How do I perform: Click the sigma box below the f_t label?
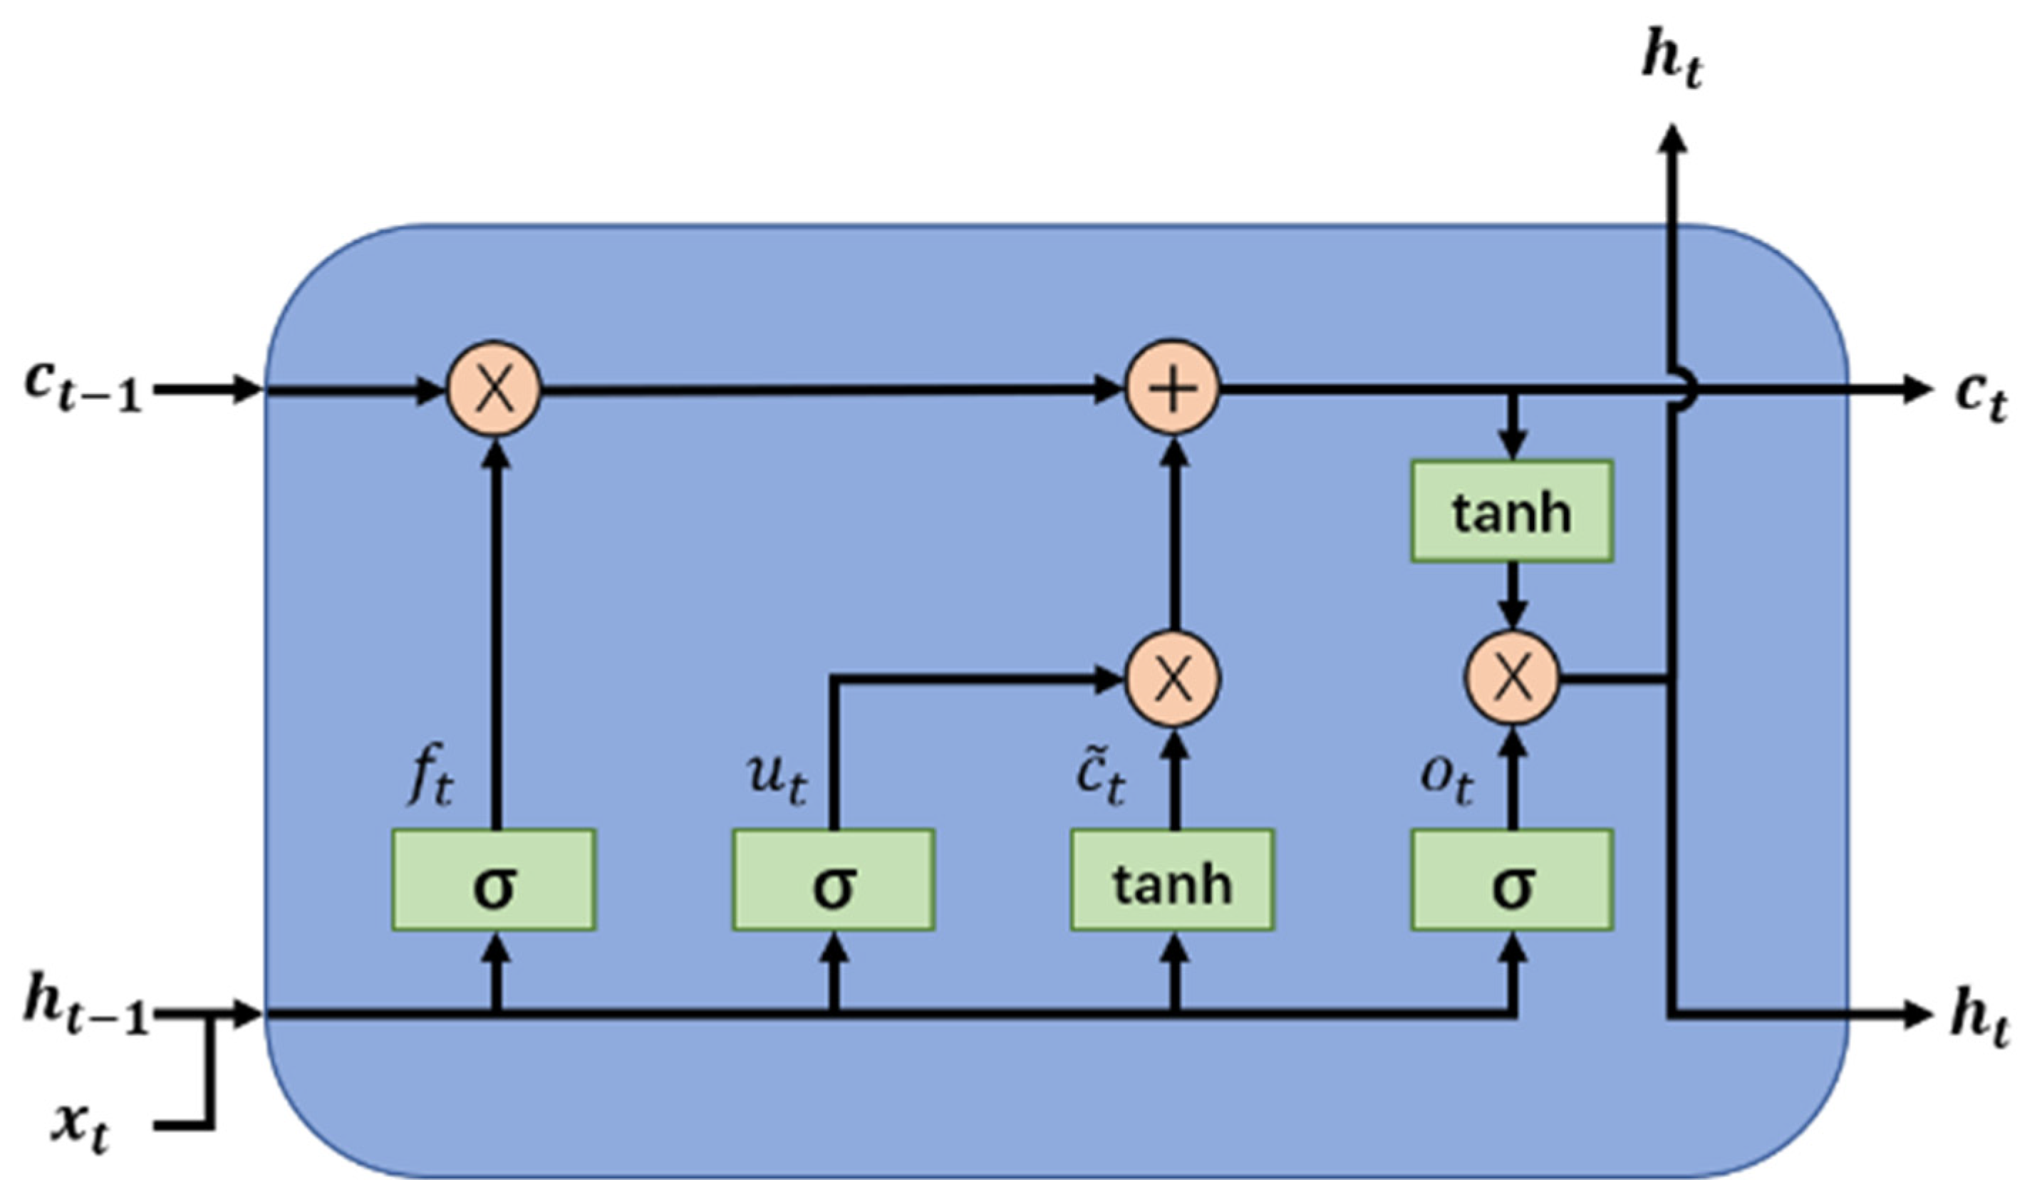pyautogui.click(x=494, y=880)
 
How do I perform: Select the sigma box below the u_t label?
pyautogui.click(x=834, y=880)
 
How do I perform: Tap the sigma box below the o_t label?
pyautogui.click(x=1512, y=880)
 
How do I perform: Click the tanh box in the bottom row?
pyautogui.click(x=1173, y=880)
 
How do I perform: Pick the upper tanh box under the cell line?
pyautogui.click(x=1512, y=511)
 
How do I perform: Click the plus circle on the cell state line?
pyautogui.click(x=1173, y=389)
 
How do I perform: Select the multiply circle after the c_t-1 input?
pyautogui.click(x=494, y=389)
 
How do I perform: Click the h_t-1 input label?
pyautogui.click(x=85, y=1012)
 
